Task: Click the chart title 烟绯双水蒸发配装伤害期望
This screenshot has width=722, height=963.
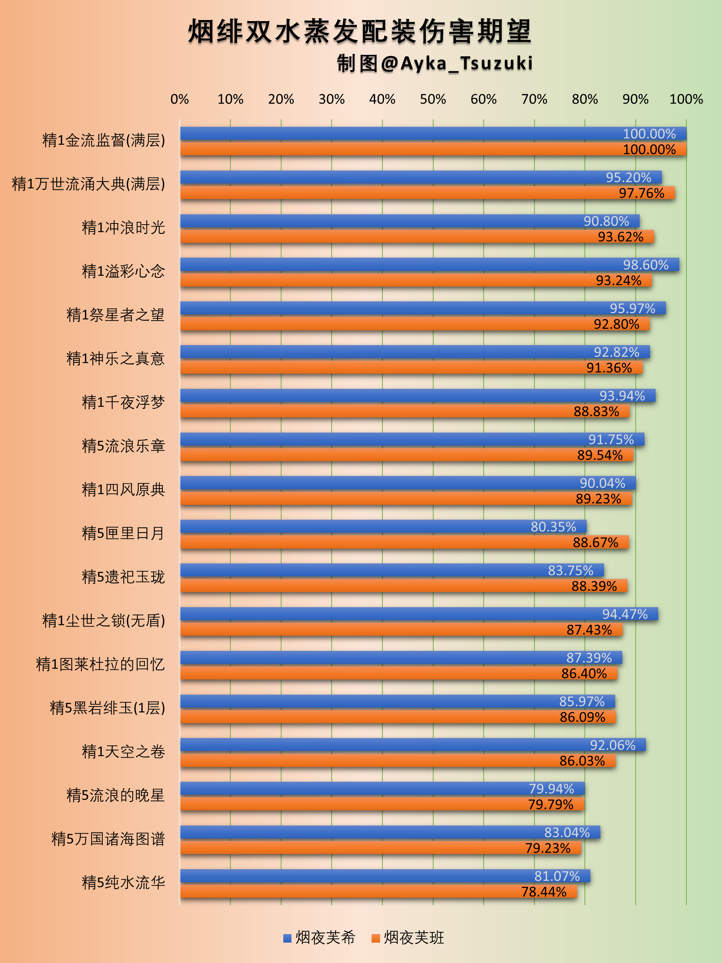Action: click(x=360, y=32)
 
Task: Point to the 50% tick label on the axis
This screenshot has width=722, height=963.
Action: click(x=432, y=99)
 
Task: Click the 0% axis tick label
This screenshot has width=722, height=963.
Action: click(x=179, y=99)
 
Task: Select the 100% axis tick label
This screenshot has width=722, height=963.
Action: click(x=686, y=99)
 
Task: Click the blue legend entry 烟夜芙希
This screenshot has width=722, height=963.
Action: click(x=320, y=937)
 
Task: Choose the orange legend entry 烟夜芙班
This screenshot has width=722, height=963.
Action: click(x=408, y=937)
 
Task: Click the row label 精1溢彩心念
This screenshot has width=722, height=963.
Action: click(x=123, y=271)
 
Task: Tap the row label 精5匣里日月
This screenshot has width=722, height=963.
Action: click(x=123, y=533)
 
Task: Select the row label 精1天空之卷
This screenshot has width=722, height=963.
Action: click(x=123, y=752)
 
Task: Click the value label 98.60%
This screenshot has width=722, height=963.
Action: click(x=645, y=265)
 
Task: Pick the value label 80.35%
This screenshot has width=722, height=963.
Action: click(x=553, y=527)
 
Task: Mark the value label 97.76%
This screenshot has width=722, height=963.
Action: click(x=642, y=193)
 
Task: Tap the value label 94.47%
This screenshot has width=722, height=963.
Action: click(x=624, y=614)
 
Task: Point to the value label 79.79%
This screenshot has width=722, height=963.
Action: click(x=550, y=804)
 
